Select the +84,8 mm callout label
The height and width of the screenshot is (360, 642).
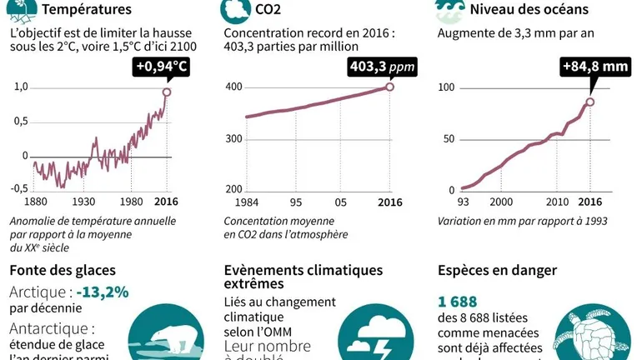(x=593, y=67)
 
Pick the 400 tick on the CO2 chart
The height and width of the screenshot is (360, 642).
(x=233, y=87)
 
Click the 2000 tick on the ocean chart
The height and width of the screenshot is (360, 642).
(x=501, y=202)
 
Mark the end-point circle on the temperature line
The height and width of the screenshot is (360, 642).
(x=167, y=92)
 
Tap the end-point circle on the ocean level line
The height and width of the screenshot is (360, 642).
(x=589, y=102)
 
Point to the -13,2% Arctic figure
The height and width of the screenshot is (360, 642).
(x=102, y=292)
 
